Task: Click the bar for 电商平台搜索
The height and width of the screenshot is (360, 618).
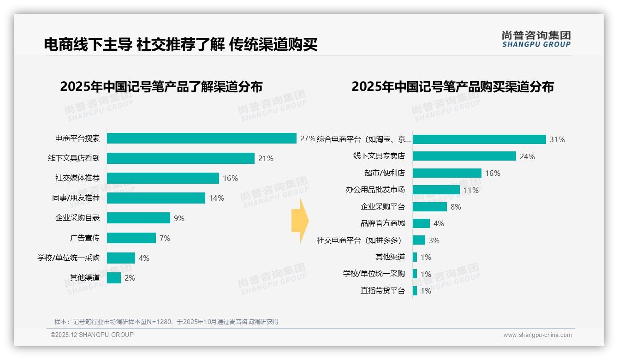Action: [202, 138]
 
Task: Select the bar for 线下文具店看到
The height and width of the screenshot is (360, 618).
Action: [181, 158]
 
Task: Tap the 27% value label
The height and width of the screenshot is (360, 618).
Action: [308, 138]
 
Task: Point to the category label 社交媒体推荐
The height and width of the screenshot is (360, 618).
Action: [77, 178]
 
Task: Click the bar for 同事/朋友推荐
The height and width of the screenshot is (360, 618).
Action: [156, 198]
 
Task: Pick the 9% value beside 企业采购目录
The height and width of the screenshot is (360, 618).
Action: [179, 218]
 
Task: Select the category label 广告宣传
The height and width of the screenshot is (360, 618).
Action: [85, 238]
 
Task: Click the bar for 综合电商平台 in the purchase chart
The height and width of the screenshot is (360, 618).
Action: [479, 139]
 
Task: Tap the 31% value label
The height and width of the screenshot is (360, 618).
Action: [557, 139]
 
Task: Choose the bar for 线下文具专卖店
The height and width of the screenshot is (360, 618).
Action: [464, 156]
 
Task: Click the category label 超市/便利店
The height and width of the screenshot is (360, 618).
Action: [385, 173]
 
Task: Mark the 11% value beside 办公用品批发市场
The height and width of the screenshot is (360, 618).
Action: [471, 190]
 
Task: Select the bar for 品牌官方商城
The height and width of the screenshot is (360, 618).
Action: [421, 223]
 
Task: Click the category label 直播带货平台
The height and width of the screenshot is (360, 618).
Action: [383, 291]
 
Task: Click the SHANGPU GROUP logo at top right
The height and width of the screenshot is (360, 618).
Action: [536, 39]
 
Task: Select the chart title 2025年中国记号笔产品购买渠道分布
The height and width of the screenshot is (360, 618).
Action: [452, 87]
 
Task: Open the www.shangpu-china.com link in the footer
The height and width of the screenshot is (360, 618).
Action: [537, 335]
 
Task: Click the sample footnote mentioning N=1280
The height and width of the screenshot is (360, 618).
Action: [166, 322]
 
